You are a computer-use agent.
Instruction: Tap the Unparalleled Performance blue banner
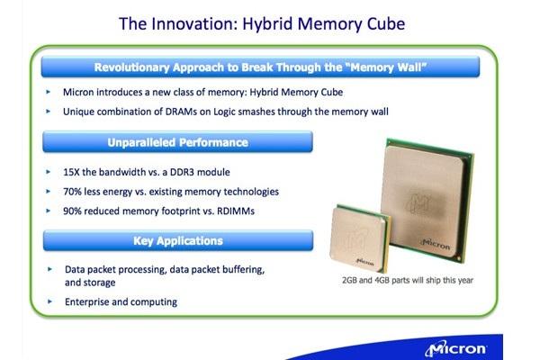tap(177, 142)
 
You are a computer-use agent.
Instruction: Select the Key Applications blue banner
tap(178, 240)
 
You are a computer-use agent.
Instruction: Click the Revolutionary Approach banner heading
tap(260, 67)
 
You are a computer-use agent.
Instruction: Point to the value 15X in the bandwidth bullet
tap(71, 172)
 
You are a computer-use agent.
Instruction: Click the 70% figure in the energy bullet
tap(72, 192)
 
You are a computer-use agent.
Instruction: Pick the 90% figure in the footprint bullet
tap(72, 211)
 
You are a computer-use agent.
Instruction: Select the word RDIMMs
tap(236, 211)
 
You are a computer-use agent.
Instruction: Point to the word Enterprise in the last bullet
tap(87, 302)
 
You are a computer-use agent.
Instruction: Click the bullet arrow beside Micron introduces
tap(49, 92)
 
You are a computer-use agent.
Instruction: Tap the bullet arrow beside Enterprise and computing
tap(49, 301)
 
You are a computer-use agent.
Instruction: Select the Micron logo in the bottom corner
tap(455, 348)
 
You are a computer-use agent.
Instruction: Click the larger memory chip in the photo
tap(428, 201)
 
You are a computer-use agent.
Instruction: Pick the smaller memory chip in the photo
tap(360, 238)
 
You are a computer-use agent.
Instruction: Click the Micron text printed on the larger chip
tap(436, 244)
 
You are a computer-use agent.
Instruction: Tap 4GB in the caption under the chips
tap(382, 281)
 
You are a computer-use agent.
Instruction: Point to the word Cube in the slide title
tap(386, 23)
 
